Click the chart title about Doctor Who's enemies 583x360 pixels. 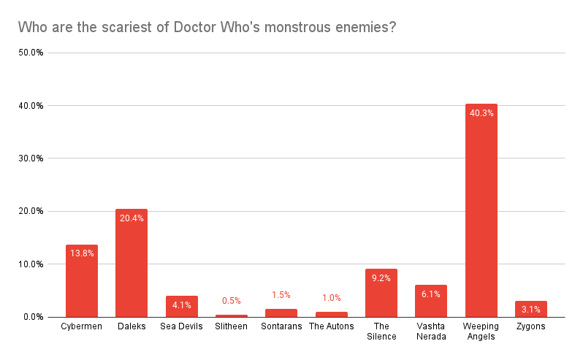pyautogui.click(x=207, y=28)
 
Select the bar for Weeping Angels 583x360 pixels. pyautogui.click(x=481, y=219)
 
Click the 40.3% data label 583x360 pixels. pyautogui.click(x=481, y=113)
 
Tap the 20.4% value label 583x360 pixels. pyautogui.click(x=132, y=218)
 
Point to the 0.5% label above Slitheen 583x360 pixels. pyautogui.click(x=232, y=301)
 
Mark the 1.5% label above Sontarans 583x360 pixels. pyautogui.click(x=281, y=295)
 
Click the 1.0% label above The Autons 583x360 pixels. pyautogui.click(x=331, y=298)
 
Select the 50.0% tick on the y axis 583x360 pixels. pyautogui.click(x=31, y=53)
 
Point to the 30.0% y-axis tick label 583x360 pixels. pyautogui.click(x=31, y=158)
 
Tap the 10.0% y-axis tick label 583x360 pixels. pyautogui.click(x=31, y=264)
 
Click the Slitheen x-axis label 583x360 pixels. pyautogui.click(x=232, y=326)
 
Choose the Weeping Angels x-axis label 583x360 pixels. pyautogui.click(x=481, y=331)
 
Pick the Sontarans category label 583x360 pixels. pyautogui.click(x=281, y=326)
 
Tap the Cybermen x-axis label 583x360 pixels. pyautogui.click(x=82, y=326)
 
